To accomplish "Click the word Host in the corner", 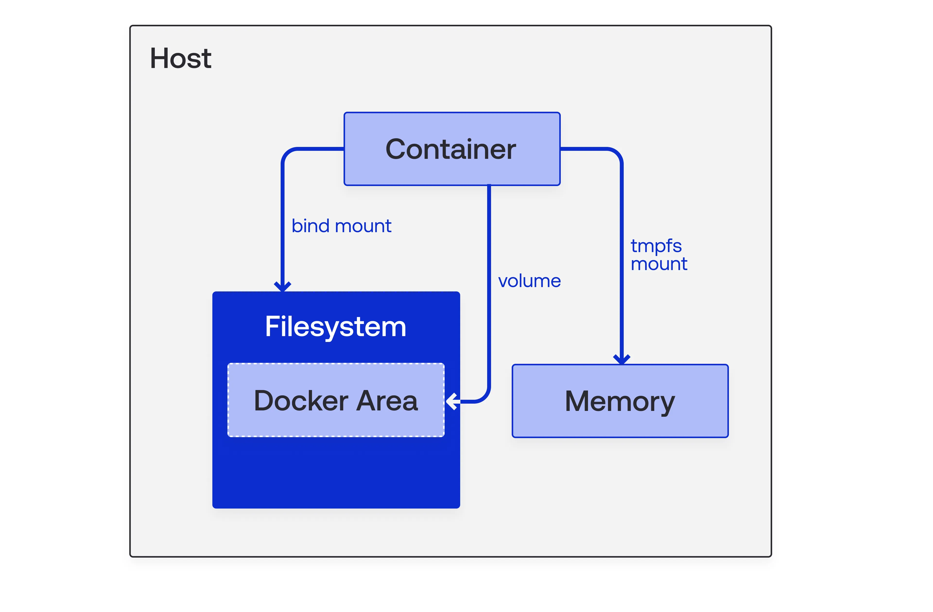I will (x=181, y=58).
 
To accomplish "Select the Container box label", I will (x=451, y=149).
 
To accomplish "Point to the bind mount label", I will (x=341, y=226).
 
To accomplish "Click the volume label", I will (x=529, y=281).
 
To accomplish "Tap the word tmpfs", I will (x=656, y=246).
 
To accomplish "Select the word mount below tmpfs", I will (x=659, y=264).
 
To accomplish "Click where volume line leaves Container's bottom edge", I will (x=489, y=186).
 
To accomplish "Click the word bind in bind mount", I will (x=310, y=226).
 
